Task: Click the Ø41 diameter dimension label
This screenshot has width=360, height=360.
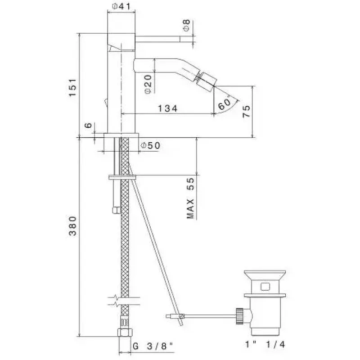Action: pyautogui.click(x=121, y=6)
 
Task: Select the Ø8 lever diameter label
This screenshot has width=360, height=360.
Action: pyautogui.click(x=186, y=25)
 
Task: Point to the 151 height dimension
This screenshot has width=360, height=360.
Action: pyautogui.click(x=73, y=87)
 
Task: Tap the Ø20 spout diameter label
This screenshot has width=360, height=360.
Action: pyautogui.click(x=148, y=84)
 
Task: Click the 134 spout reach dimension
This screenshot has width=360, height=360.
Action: pyautogui.click(x=168, y=108)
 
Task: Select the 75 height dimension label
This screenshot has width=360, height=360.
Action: pyautogui.click(x=247, y=111)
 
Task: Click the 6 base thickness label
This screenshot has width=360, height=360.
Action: pyautogui.click(x=88, y=126)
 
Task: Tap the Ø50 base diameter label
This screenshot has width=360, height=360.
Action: pyautogui.click(x=150, y=145)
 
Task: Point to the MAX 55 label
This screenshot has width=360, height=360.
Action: pyautogui.click(x=190, y=198)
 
